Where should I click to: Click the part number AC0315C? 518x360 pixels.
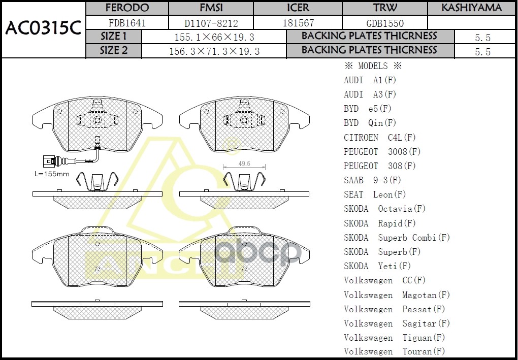point(43,29)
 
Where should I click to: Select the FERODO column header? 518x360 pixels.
point(127,8)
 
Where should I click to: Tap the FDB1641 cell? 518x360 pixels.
point(127,23)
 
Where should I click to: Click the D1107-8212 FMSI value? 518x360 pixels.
point(211,23)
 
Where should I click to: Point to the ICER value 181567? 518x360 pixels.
point(298,23)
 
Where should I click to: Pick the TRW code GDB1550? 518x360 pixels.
point(385,23)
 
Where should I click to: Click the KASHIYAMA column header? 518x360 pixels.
point(471,8)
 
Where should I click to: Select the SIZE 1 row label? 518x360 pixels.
point(114,37)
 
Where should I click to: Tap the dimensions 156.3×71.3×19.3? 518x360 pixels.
point(214,51)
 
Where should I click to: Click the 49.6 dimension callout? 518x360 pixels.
point(244,163)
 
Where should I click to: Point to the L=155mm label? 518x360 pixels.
point(52,174)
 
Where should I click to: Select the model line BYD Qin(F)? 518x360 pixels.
point(370,123)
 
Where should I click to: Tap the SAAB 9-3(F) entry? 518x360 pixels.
point(372,180)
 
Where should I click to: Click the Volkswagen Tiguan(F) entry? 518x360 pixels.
point(394,338)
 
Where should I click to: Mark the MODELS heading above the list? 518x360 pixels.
point(373,66)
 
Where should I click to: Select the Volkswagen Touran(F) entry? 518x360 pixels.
point(394,351)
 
